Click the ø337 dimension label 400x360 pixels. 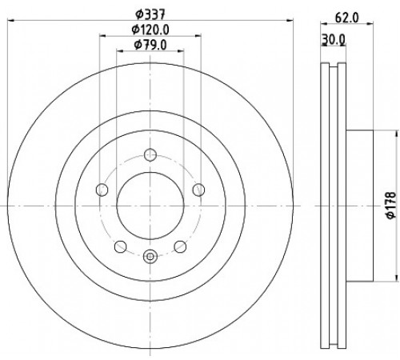[x=150, y=14]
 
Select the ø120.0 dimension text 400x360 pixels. [x=150, y=30]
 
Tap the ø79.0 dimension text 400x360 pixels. [x=150, y=45]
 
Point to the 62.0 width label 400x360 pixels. [x=347, y=18]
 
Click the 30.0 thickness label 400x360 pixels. [x=334, y=40]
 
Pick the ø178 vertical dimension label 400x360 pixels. [x=391, y=206]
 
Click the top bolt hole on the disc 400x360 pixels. [x=150, y=154]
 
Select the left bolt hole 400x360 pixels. [x=102, y=190]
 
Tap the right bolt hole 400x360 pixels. [x=198, y=190]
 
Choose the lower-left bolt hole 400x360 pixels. [x=120, y=246]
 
